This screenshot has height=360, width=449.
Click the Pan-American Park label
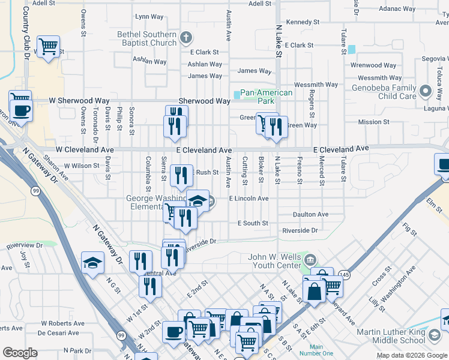[x=267, y=97]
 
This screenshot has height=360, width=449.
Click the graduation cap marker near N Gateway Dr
[x=92, y=262]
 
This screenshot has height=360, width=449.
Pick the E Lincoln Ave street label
[x=249, y=198]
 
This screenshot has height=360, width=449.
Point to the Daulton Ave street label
[x=310, y=214]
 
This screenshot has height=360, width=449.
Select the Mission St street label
[x=373, y=122]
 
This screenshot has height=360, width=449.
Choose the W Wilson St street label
[x=81, y=166]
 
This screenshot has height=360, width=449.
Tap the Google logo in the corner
[x=20, y=353]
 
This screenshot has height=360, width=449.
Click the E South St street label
[x=253, y=223]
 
